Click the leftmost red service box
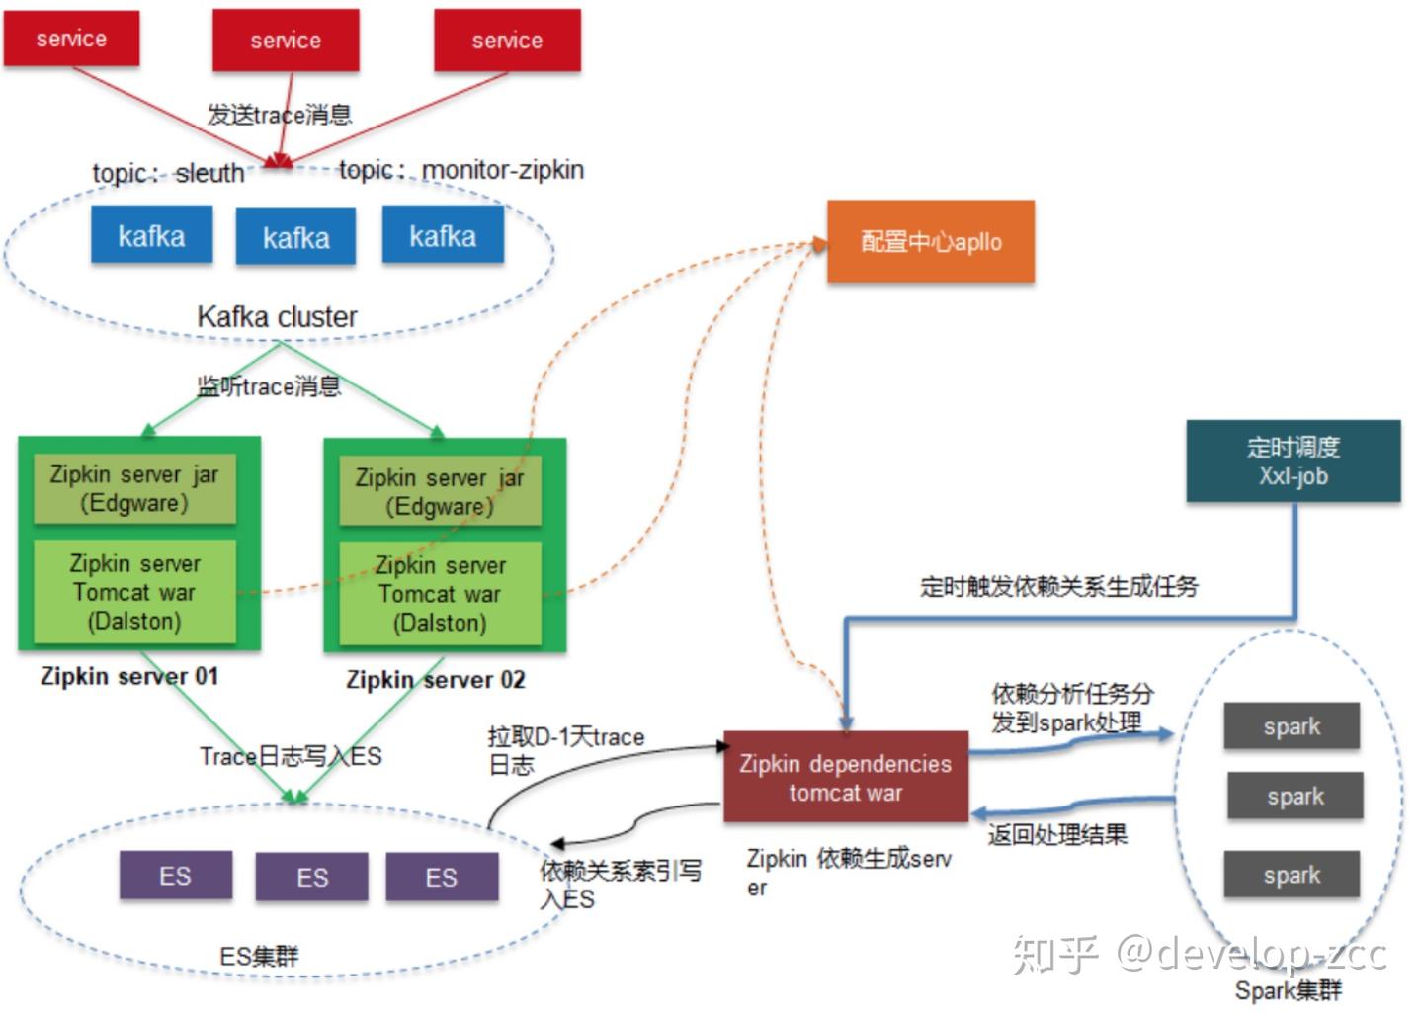pyautogui.click(x=71, y=40)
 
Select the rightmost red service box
pyautogui.click(x=507, y=41)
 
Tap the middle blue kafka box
pyautogui.click(x=295, y=237)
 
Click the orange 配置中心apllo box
pyautogui.click(x=931, y=242)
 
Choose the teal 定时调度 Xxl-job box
pyautogui.click(x=1293, y=462)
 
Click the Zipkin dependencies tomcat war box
pyautogui.click(x=846, y=778)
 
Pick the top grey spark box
pyautogui.click(x=1292, y=726)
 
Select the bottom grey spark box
pyautogui.click(x=1292, y=875)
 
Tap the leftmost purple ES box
pyautogui.click(x=175, y=876)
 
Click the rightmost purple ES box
pyautogui.click(x=442, y=877)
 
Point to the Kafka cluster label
pyautogui.click(x=278, y=317)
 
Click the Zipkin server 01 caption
pyautogui.click(x=129, y=677)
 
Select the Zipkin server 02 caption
pyautogui.click(x=436, y=680)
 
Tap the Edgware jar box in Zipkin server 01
pyautogui.click(x=134, y=488)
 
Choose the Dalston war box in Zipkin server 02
pyautogui.click(x=440, y=594)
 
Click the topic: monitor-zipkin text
pyautogui.click(x=461, y=170)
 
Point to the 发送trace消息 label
pyautogui.click(x=280, y=115)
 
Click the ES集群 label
pyautogui.click(x=259, y=956)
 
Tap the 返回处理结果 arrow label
pyautogui.click(x=1057, y=835)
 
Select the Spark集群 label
pyautogui.click(x=1289, y=990)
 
